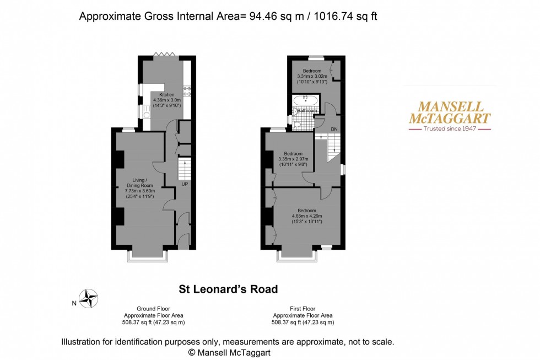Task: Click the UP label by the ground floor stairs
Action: tap(185, 184)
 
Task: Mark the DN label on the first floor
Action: tap(334, 129)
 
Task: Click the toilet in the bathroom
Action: tap(298, 125)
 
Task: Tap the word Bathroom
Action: tap(307, 111)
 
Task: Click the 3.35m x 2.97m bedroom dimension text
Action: tap(293, 159)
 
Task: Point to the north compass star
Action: tap(88, 298)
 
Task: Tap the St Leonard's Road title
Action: tap(228, 289)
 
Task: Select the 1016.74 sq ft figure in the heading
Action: tap(345, 17)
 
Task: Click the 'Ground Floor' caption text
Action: tap(153, 309)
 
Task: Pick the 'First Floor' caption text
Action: tap(303, 309)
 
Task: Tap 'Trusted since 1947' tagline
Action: tap(449, 129)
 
